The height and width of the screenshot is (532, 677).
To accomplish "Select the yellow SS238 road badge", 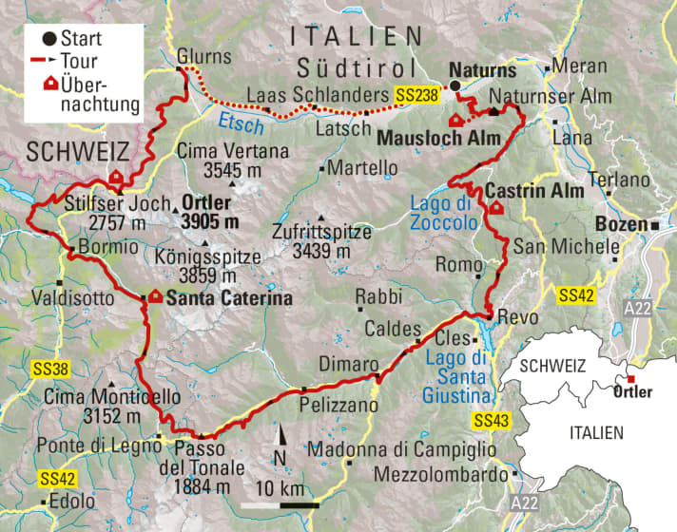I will [416, 95].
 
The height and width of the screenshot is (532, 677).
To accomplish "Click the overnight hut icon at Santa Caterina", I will [154, 297].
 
